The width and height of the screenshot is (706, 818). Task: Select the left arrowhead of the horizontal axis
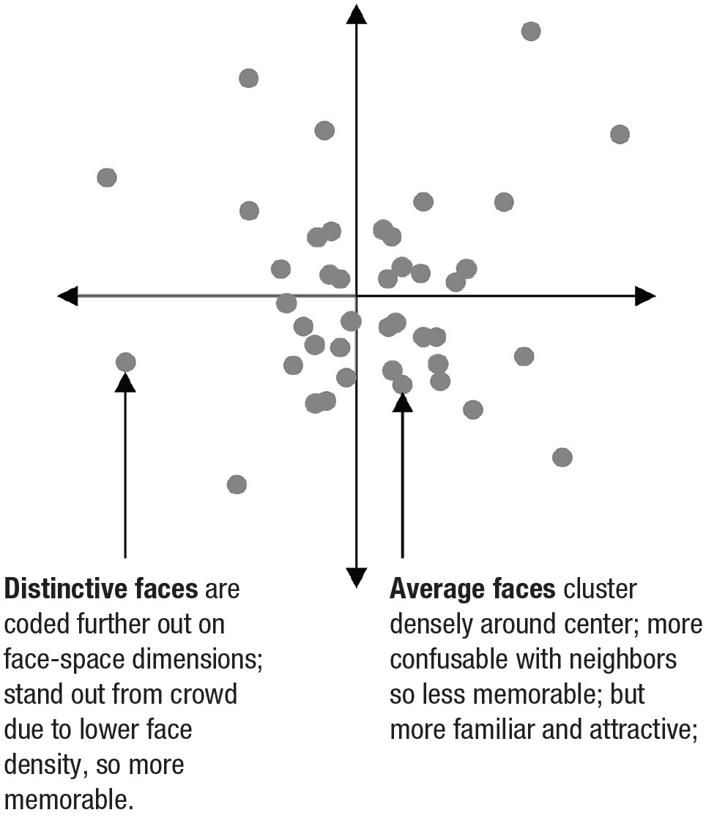[x=67, y=296]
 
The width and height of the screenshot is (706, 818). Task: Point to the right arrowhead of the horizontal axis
[x=644, y=296]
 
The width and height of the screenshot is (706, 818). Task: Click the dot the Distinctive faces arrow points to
[x=126, y=361]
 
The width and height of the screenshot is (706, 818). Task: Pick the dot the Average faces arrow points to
[x=402, y=384]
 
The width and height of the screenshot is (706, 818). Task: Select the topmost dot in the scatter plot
[x=531, y=31]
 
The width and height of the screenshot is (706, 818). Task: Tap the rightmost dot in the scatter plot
[x=620, y=134]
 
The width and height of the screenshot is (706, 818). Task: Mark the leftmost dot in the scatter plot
[x=107, y=177]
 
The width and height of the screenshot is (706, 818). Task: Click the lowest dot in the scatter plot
[x=237, y=484]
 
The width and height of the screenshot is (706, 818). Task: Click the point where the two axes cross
[x=357, y=296]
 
